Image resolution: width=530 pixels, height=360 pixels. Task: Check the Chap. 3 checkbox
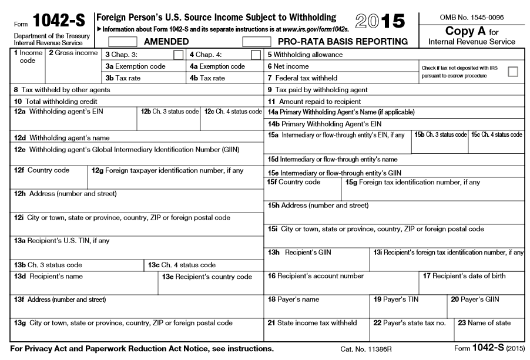[178, 55]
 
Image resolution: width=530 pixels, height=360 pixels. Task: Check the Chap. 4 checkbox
[256, 55]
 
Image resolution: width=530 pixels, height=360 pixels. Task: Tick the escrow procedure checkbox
[513, 72]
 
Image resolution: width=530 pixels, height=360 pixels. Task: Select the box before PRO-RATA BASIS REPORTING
[257, 42]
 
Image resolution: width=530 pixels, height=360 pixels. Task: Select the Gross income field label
[73, 53]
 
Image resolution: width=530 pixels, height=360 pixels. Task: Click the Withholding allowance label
[305, 55]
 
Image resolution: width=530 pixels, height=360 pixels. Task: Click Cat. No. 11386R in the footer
[365, 349]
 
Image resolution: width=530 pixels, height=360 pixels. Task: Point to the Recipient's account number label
[316, 275]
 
